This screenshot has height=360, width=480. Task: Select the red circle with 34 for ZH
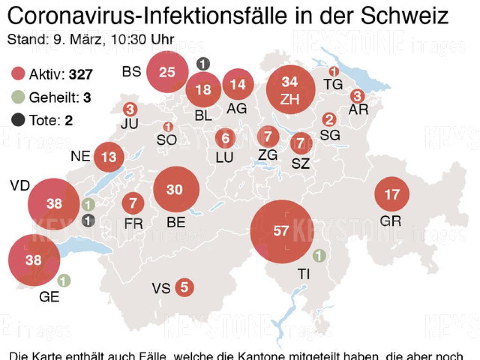pyautogui.click(x=290, y=90)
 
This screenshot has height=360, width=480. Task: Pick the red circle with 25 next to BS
pyautogui.click(x=167, y=72)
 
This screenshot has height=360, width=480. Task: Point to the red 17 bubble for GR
pyautogui.click(x=392, y=194)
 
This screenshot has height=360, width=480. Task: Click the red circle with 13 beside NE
pyautogui.click(x=109, y=157)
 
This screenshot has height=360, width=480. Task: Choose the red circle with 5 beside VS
pyautogui.click(x=184, y=287)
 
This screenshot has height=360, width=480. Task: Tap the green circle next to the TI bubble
pyautogui.click(x=319, y=256)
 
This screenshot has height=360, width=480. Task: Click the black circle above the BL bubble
pyautogui.click(x=203, y=64)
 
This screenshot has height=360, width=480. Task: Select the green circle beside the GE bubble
pyautogui.click(x=64, y=281)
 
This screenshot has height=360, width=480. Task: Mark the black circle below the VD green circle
pyautogui.click(x=88, y=220)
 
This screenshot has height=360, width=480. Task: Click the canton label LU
pyautogui.click(x=225, y=157)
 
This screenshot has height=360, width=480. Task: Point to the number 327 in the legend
pyautogui.click(x=81, y=75)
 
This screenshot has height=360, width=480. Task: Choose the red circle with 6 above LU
pyautogui.click(x=225, y=138)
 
